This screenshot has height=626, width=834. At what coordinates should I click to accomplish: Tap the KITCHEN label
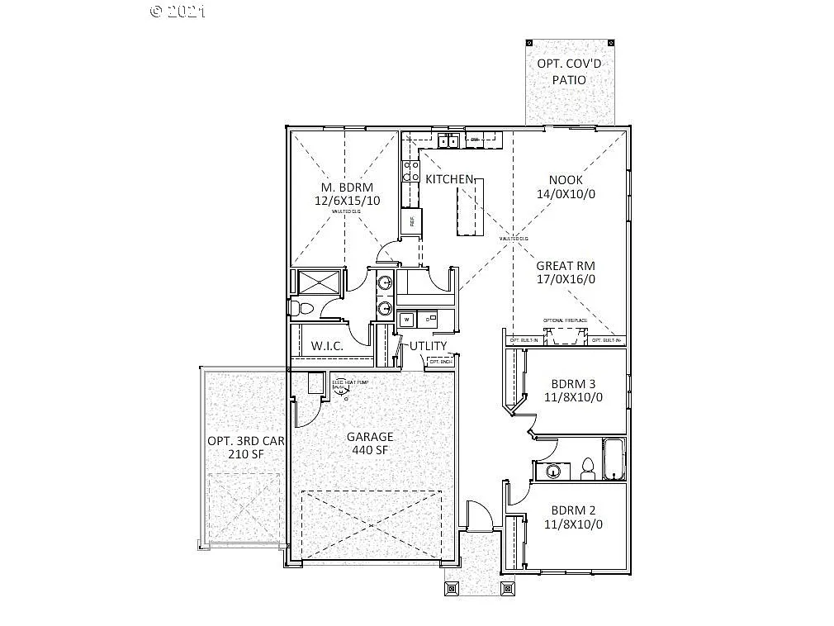coord(448,179)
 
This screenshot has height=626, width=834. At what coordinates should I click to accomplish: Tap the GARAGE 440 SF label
coord(369,443)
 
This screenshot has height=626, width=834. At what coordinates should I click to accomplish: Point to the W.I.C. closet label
coord(327,345)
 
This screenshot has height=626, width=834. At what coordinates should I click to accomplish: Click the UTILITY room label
coord(428,345)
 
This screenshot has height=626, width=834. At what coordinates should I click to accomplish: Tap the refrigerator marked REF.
coord(410,221)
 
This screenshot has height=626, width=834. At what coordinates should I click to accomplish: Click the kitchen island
coord(468,206)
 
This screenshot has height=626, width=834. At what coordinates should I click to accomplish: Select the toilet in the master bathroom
coord(301,308)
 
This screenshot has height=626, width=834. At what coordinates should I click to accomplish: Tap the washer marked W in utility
coord(406,318)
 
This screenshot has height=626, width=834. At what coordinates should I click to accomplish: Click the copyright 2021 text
coord(178,12)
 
